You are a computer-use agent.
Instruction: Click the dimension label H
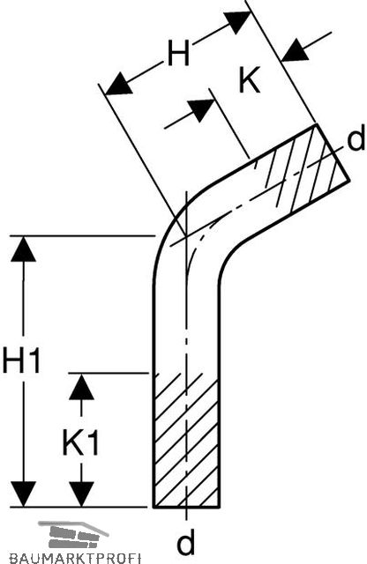coord(178,53)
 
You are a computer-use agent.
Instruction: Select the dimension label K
coord(250,79)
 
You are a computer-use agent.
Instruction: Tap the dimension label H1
coord(20,360)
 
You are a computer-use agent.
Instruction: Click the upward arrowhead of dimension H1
coord(24,249)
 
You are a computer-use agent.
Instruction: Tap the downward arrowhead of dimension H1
coord(24,493)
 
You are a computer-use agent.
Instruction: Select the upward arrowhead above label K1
coord(82,387)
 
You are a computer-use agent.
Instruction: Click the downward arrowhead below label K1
coord(82,493)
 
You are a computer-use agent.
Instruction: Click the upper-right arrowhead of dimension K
coord(296,51)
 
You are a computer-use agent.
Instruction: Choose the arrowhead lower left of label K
coord(202,108)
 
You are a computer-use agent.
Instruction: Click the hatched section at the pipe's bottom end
coord(186,441)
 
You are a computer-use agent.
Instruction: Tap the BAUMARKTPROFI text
coord(75,559)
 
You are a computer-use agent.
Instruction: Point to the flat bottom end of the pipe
coord(186,507)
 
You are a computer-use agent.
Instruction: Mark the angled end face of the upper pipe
coord(333,152)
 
